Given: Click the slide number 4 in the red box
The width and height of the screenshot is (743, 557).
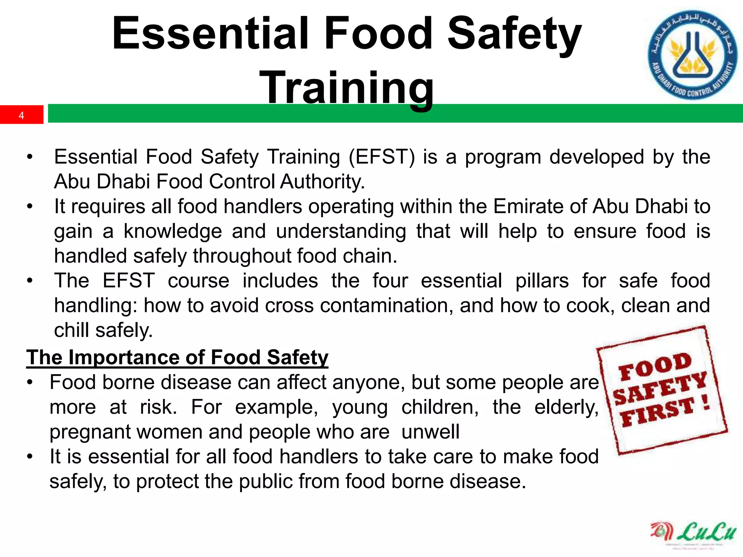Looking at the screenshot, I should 21,115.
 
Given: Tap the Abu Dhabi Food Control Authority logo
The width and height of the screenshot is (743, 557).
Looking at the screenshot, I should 693,55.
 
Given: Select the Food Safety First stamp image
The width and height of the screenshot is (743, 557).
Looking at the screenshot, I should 662,390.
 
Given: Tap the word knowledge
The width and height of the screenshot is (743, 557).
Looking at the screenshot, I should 173,231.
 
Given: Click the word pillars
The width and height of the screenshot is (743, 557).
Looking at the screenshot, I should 542,281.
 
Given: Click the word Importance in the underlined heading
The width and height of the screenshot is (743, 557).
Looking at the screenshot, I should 124,358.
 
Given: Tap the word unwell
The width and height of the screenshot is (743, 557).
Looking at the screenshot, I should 430,432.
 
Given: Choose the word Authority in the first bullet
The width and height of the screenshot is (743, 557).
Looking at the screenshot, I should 322,182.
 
